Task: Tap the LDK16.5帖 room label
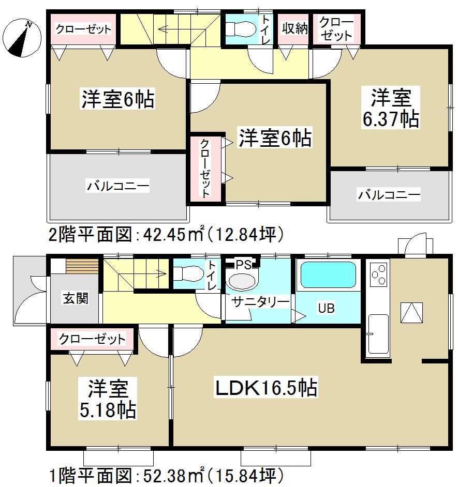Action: [266, 387]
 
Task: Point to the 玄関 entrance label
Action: [76, 298]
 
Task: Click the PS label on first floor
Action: [243, 265]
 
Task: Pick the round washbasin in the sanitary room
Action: [242, 281]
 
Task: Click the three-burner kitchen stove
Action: [379, 274]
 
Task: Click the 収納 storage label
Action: [294, 28]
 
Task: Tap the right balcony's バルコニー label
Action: [389, 195]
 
